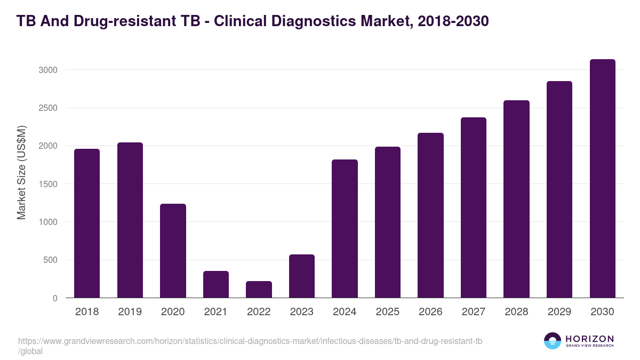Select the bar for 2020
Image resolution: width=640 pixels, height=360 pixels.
[173, 251]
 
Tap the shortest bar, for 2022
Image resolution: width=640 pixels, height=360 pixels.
[259, 290]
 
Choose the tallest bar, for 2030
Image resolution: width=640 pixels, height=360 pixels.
[602, 179]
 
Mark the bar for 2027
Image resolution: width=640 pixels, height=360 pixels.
[474, 207]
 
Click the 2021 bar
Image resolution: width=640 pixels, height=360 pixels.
[216, 284]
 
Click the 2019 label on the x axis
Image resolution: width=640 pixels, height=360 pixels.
[130, 312]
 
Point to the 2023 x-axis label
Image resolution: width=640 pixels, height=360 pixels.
[302, 312]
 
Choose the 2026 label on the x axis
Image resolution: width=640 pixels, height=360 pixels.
[430, 312]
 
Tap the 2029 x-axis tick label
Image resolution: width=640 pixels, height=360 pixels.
[559, 312]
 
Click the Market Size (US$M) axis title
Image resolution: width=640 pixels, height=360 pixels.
[21, 172]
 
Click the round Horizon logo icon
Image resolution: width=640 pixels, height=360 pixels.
[552, 341]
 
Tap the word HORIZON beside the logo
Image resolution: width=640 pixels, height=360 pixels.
[589, 339]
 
